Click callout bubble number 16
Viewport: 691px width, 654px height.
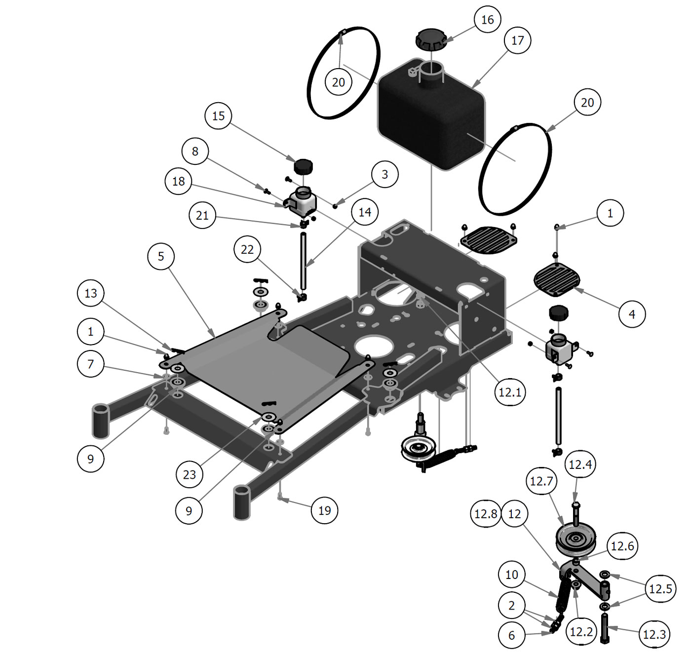pyautogui.click(x=487, y=20)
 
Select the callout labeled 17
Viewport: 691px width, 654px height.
pyautogui.click(x=517, y=40)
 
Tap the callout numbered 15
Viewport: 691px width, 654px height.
pyautogui.click(x=218, y=116)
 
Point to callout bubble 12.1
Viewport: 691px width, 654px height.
pyautogui.click(x=510, y=392)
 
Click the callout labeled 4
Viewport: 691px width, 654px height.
pyautogui.click(x=632, y=313)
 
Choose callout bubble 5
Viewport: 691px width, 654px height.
pyautogui.click(x=161, y=256)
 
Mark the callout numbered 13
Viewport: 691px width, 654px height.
pyautogui.click(x=91, y=294)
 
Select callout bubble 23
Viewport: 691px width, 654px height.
pyautogui.click(x=190, y=475)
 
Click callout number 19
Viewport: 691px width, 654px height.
pyautogui.click(x=325, y=510)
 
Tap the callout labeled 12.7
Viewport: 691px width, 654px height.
pyautogui.click(x=541, y=481)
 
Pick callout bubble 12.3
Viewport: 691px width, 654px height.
pyautogui.click(x=654, y=634)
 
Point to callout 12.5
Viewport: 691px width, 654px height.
pyautogui.click(x=660, y=589)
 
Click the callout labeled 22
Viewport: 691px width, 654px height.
pyautogui.click(x=247, y=250)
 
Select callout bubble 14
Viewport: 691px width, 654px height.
pyautogui.click(x=365, y=212)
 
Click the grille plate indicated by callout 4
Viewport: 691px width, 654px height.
pyautogui.click(x=557, y=279)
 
